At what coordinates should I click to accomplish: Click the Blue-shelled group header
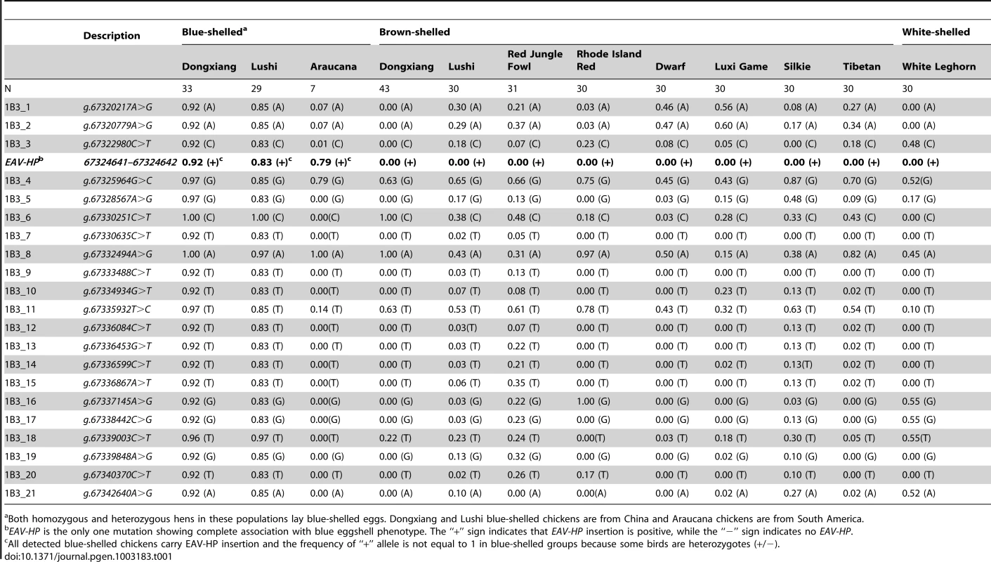tap(214, 32)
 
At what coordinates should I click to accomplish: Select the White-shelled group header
tap(936, 32)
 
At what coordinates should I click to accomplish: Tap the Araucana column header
tap(333, 66)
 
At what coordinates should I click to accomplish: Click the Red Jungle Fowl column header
tap(535, 60)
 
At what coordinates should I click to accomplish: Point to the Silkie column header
tap(797, 66)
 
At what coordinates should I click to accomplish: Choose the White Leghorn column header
tap(939, 66)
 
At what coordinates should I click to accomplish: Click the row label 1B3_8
tap(18, 254)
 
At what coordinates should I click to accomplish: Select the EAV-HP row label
tap(24, 162)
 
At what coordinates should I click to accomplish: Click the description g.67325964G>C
tap(117, 181)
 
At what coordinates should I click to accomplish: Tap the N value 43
tap(384, 89)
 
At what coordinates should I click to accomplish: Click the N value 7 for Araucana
tap(313, 89)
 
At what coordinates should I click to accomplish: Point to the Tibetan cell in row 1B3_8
tap(859, 254)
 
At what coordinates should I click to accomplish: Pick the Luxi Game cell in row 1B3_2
tap(731, 125)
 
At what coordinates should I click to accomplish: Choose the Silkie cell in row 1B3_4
tap(801, 181)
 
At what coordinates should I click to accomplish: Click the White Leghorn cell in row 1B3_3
tap(919, 144)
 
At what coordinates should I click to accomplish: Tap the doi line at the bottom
tap(88, 556)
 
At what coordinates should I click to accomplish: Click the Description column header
tap(112, 35)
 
